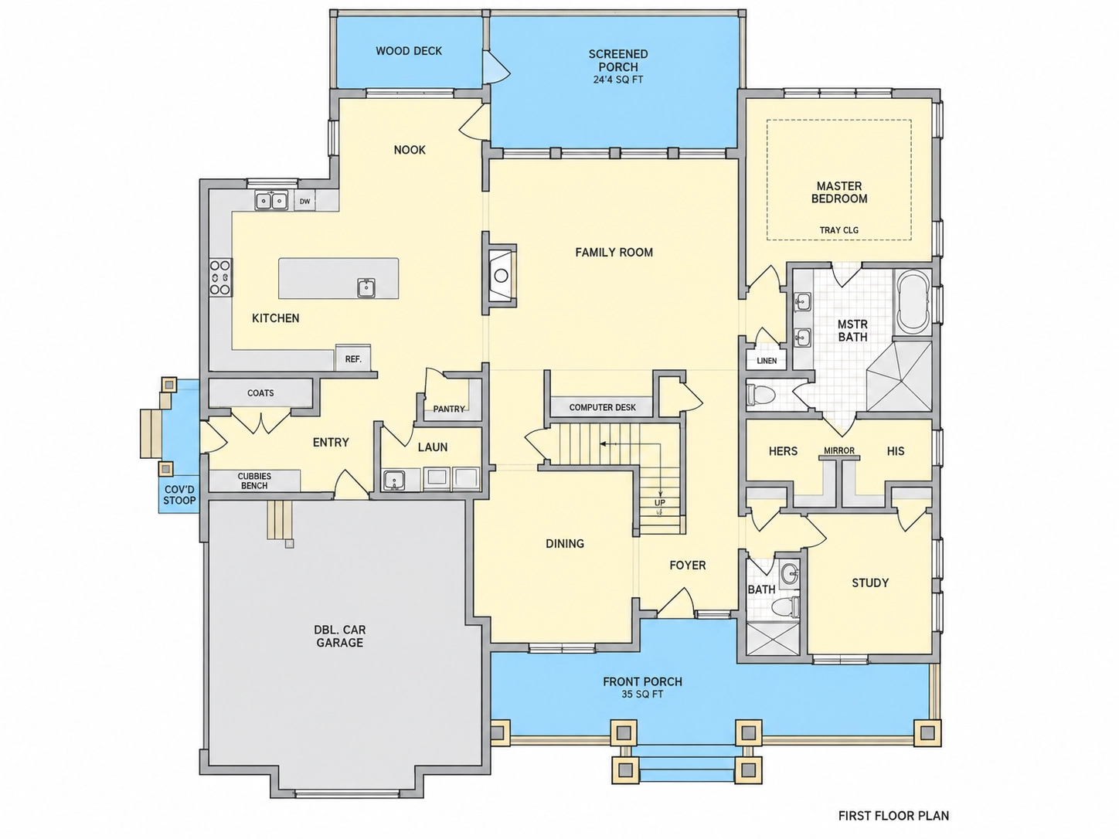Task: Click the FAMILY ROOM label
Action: [614, 252]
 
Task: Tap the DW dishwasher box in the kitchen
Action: [304, 201]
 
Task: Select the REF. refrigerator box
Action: [352, 358]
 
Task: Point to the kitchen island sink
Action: [366, 288]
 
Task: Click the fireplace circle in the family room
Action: [501, 276]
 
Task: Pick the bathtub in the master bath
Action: [913, 302]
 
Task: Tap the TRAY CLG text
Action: [838, 230]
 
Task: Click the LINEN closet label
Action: [767, 361]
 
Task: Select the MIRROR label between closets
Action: [839, 451]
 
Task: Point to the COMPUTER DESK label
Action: [602, 408]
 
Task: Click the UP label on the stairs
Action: [660, 503]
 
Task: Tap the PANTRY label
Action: [449, 409]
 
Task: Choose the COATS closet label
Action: [260, 392]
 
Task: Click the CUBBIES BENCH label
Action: [254, 481]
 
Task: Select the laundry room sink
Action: [393, 480]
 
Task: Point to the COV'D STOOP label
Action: [179, 495]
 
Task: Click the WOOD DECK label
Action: [409, 51]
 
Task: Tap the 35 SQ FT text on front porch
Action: [642, 695]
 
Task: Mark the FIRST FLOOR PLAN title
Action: [893, 816]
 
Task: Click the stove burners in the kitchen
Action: [220, 277]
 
